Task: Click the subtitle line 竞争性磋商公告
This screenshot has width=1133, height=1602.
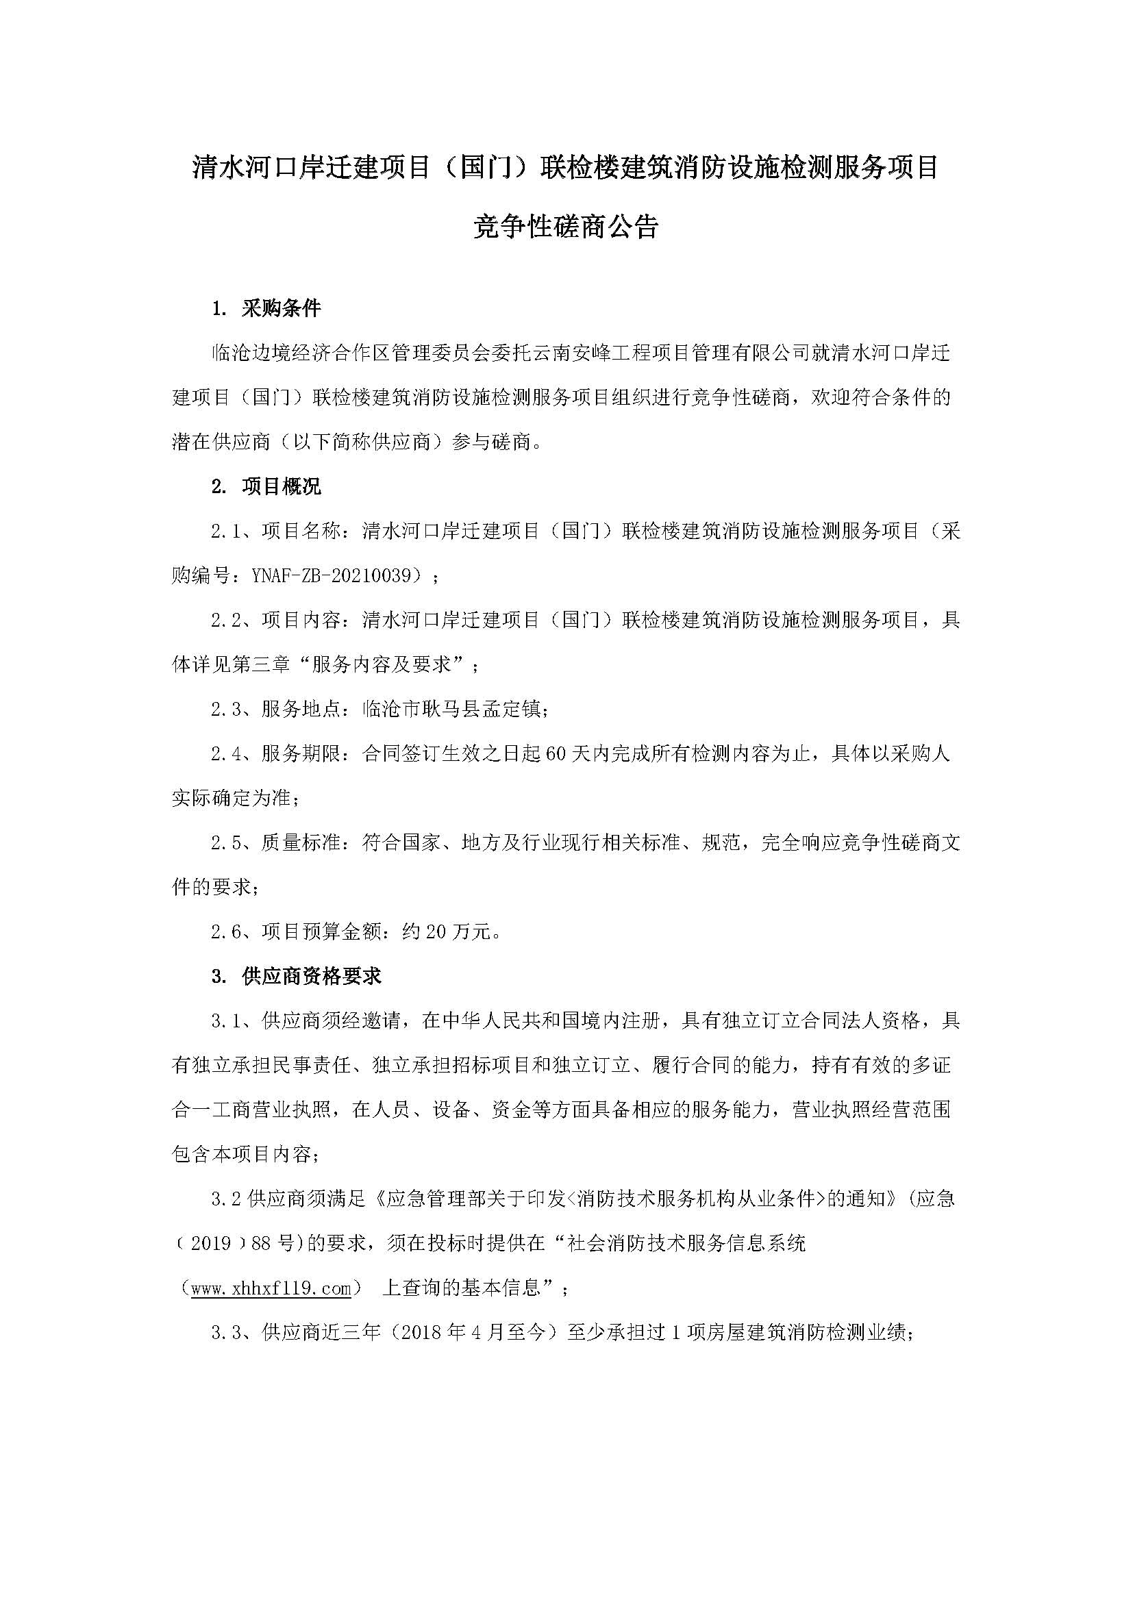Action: click(566, 227)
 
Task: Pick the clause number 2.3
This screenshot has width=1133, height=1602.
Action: click(225, 710)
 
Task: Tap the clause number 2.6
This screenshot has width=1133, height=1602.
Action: click(225, 931)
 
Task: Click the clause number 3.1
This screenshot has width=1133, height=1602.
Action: click(225, 1021)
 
